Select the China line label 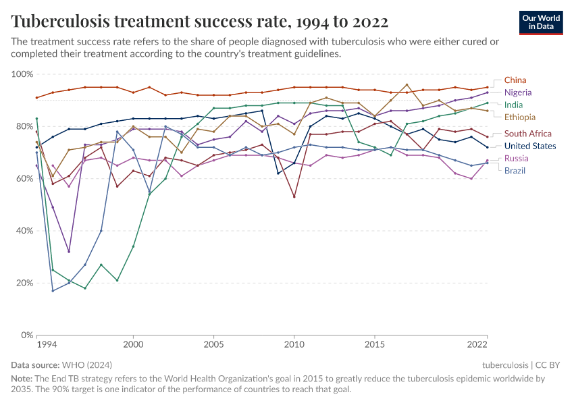(515, 80)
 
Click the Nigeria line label (518, 92)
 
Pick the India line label (513, 105)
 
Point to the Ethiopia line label (520, 117)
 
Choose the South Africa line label (527, 134)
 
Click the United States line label (530, 146)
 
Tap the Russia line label (516, 158)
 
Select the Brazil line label (515, 170)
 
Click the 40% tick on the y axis (24, 231)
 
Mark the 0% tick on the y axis (26, 335)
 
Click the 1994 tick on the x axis (47, 345)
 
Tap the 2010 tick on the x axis (294, 345)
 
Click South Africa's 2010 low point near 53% (294, 196)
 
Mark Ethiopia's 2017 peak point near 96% (407, 85)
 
